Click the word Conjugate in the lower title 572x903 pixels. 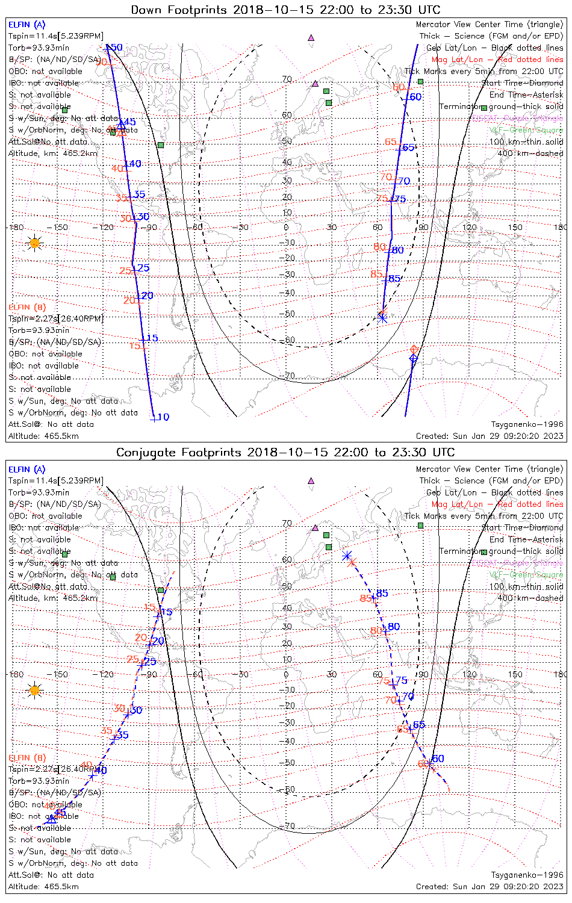click(144, 453)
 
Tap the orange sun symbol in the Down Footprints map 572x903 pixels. click(34, 243)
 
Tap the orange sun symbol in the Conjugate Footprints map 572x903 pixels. click(34, 690)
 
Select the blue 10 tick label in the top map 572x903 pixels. click(163, 417)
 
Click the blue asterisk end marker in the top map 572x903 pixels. click(382, 318)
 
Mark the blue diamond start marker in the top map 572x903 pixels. click(413, 359)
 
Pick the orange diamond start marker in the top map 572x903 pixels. click(414, 349)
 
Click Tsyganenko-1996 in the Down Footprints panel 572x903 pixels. click(527, 424)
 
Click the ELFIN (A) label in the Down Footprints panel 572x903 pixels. click(27, 25)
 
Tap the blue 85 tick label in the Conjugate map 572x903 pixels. click(382, 594)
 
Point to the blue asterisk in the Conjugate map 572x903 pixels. click(347, 556)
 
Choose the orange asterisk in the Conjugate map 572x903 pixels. click(353, 562)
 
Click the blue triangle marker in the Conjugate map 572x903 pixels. click(52, 819)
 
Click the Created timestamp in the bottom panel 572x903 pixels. click(490, 887)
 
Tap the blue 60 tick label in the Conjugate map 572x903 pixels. click(438, 759)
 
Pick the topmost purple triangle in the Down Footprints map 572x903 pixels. click(311, 37)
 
